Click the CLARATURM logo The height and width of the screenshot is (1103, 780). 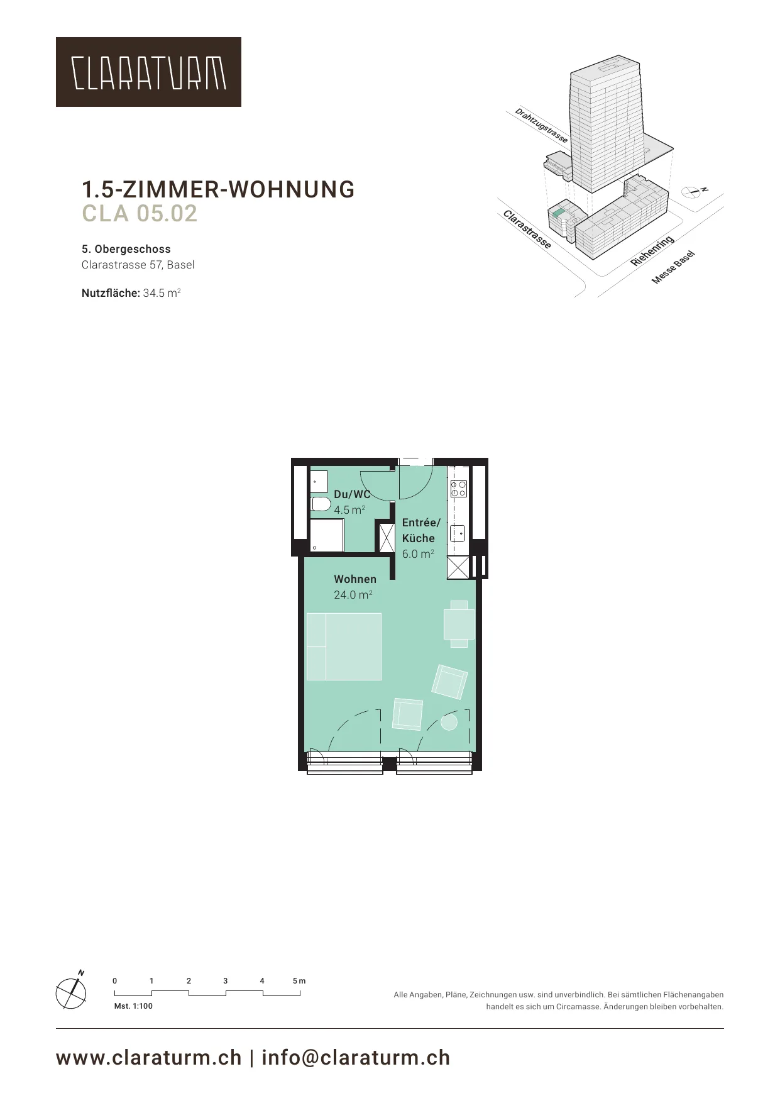(x=148, y=72)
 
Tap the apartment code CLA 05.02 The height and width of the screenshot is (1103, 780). (x=140, y=213)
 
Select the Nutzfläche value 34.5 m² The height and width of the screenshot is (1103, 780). (x=162, y=292)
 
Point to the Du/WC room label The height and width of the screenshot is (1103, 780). (x=352, y=494)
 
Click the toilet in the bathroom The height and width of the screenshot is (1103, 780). (x=321, y=504)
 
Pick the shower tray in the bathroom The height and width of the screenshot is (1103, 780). (x=327, y=535)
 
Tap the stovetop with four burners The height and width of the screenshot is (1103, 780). (x=458, y=489)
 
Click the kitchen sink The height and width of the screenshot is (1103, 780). (x=458, y=533)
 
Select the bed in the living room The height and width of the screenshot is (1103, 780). (x=344, y=646)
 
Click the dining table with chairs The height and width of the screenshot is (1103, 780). (x=459, y=624)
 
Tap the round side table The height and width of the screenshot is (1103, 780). (x=449, y=723)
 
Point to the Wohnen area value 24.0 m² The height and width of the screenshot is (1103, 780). (x=353, y=595)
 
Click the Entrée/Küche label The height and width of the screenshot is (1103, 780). (x=421, y=530)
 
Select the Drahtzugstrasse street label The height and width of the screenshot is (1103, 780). (x=542, y=125)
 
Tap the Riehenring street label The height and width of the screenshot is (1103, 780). (x=652, y=250)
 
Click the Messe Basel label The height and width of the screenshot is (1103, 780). (x=673, y=267)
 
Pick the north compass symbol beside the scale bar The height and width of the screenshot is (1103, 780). (x=72, y=992)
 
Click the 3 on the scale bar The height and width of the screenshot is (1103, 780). (x=225, y=980)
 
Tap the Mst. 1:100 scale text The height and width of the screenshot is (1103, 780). (x=133, y=1006)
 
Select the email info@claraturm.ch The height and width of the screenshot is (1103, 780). (x=356, y=1057)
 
